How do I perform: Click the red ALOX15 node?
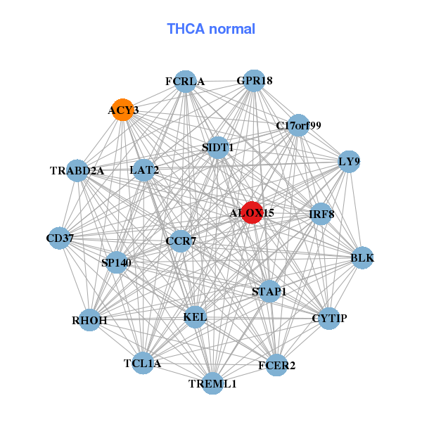point(252,212)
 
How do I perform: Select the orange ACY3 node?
point(123,110)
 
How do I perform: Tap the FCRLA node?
point(184,82)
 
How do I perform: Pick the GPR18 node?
point(254,81)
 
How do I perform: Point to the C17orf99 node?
point(298,126)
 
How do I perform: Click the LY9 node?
point(349,162)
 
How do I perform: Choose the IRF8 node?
point(321,214)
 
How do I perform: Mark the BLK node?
point(362,258)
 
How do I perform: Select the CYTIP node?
point(329,319)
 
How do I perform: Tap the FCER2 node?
point(276,365)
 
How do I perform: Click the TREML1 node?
point(212,383)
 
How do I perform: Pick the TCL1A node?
point(143,363)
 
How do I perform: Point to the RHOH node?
point(90,320)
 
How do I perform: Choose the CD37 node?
point(60,238)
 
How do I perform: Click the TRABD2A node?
point(77,170)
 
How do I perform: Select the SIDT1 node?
point(218,148)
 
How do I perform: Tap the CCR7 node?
point(181,242)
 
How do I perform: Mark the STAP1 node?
point(269,290)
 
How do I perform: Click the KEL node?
point(195,317)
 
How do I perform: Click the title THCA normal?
point(211,29)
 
